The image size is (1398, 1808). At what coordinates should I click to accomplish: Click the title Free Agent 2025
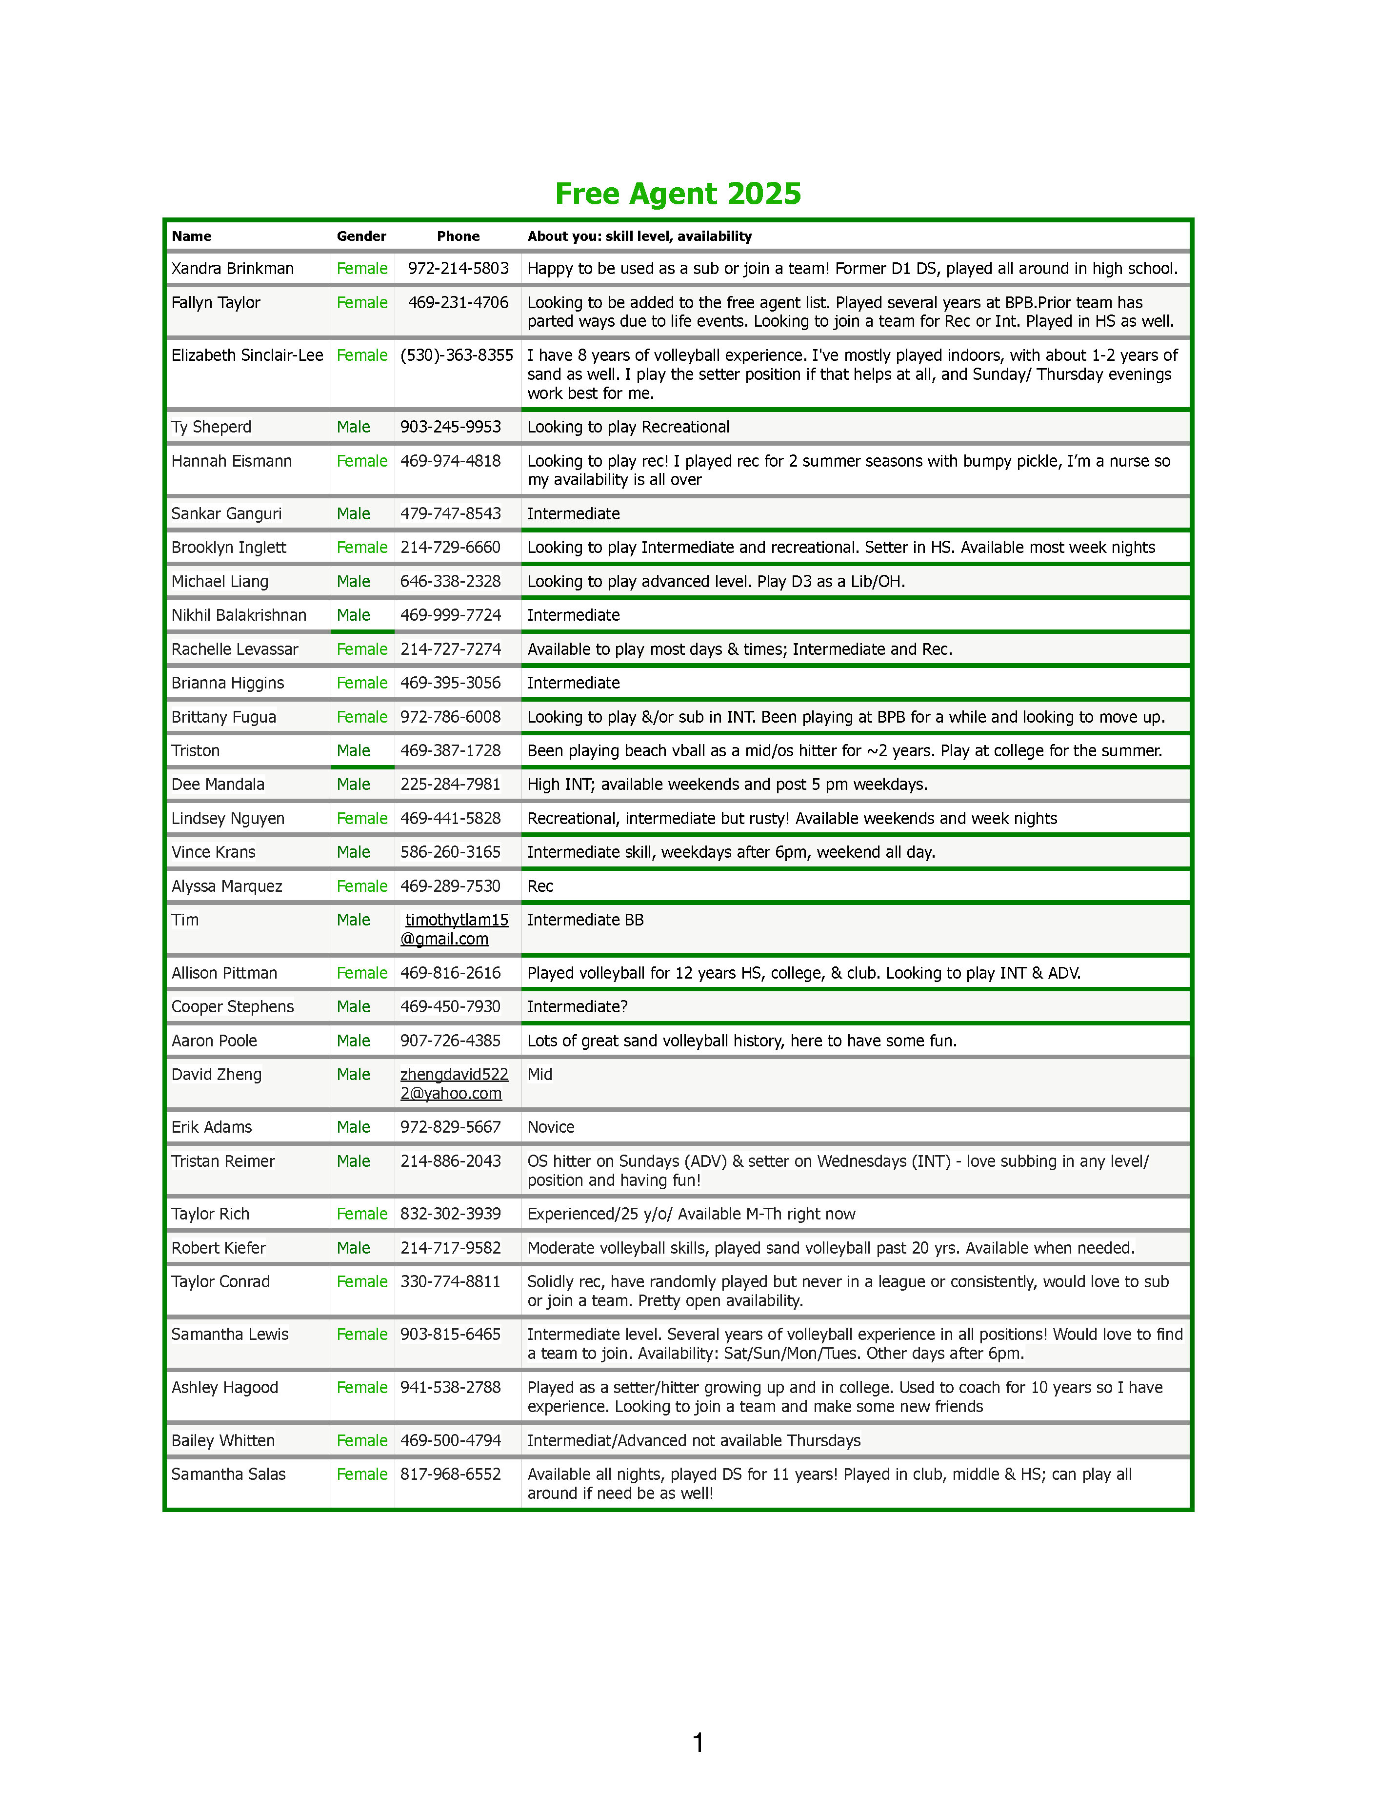[678, 194]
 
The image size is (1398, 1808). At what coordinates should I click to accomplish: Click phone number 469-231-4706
[458, 303]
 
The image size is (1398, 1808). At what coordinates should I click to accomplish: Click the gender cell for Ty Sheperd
[354, 427]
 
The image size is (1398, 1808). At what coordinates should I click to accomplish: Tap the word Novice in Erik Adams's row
[551, 1127]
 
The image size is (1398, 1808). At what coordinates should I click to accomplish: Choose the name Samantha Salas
[229, 1474]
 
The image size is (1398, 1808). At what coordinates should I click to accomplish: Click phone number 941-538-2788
[451, 1388]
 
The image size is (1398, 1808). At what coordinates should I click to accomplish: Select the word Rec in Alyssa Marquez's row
[540, 886]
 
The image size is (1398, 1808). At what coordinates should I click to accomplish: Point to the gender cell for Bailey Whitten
[362, 1440]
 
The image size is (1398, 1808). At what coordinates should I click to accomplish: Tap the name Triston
[196, 751]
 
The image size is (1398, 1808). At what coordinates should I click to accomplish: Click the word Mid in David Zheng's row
[540, 1075]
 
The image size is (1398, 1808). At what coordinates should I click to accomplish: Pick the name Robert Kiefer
[219, 1248]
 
